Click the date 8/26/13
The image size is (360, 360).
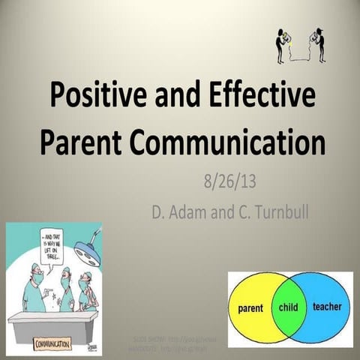pos(229,181)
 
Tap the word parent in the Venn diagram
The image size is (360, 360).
pos(250,307)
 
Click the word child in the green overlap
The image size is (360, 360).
pos(289,307)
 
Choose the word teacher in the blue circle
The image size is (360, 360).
pos(326,307)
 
